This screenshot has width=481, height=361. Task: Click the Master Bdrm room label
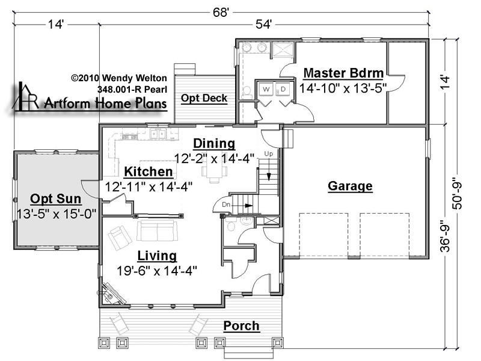[343, 73]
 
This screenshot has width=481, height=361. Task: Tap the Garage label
[350, 186]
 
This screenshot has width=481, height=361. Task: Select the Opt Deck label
[204, 98]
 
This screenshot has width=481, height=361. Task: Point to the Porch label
[241, 326]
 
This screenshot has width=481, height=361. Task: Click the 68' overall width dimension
[221, 13]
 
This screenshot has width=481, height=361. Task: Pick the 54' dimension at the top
[263, 24]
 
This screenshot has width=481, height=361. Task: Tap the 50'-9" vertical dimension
[457, 194]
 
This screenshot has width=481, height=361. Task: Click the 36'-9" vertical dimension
[445, 236]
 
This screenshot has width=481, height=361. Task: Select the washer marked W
[266, 89]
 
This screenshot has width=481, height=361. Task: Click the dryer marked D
[283, 89]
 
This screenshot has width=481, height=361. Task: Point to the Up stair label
[268, 153]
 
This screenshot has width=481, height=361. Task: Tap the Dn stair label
[226, 205]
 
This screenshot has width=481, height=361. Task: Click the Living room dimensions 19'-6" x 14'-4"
[157, 271]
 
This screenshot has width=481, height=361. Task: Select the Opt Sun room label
[56, 199]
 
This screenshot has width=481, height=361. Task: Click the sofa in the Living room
[158, 230]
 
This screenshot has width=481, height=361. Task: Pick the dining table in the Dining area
[215, 172]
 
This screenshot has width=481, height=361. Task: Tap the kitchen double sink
[158, 134]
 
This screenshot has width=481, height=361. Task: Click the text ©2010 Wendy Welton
[119, 78]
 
